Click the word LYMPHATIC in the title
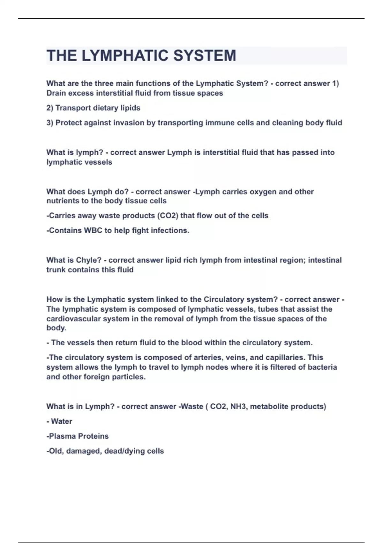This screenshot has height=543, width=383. [125, 56]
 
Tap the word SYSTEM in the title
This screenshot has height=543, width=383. [205, 56]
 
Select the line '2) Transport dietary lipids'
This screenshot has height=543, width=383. [93, 108]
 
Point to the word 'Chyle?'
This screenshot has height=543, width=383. [88, 260]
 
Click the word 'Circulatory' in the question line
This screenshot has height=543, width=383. [226, 300]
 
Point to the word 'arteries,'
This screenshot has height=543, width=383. [209, 357]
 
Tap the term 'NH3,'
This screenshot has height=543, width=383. [239, 407]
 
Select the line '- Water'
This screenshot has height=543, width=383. [59, 421]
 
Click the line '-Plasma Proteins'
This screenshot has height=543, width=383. [78, 436]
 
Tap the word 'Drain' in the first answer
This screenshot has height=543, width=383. [56, 93]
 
